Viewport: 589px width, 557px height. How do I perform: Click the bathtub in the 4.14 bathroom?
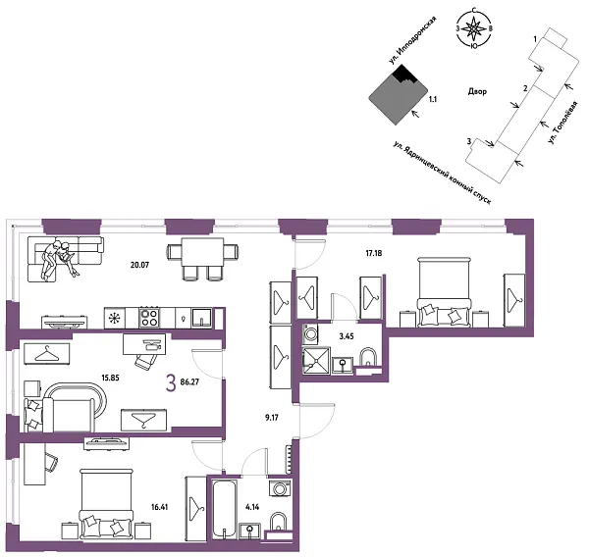tap(226, 506)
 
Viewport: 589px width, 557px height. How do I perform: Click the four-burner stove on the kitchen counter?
tap(150, 318)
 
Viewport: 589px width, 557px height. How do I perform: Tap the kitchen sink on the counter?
tap(199, 317)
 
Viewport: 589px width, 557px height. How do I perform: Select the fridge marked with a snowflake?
tap(115, 318)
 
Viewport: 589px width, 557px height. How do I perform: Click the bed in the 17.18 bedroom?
tap(446, 290)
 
